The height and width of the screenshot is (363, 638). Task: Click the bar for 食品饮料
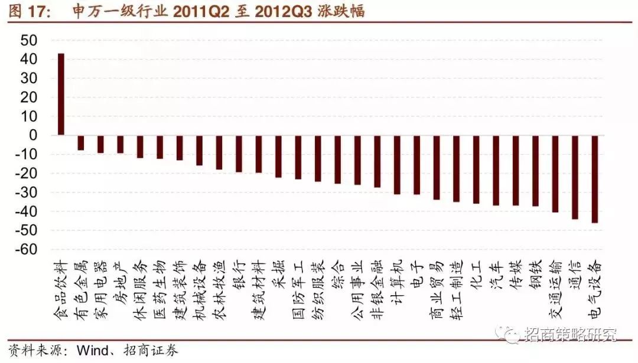coord(61,94)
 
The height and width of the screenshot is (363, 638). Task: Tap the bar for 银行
coord(239,153)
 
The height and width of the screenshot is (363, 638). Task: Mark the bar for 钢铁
coord(535,171)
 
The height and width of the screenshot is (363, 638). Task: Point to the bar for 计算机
coord(397,165)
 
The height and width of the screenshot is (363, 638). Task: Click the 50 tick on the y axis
coord(29,40)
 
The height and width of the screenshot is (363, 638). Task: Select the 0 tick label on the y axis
coord(33,135)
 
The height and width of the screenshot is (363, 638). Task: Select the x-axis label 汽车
coord(495,275)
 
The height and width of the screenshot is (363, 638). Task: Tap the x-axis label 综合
coord(337,275)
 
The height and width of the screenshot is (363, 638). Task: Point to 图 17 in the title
coord(24,11)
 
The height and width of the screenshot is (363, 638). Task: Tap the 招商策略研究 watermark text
coord(570,335)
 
